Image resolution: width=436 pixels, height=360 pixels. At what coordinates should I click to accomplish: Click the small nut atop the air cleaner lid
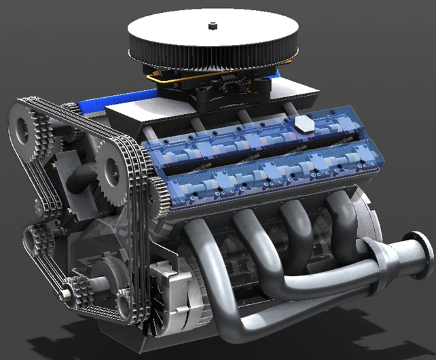coord(213,26)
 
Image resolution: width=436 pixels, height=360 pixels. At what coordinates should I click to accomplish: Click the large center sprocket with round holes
coord(108,169)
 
